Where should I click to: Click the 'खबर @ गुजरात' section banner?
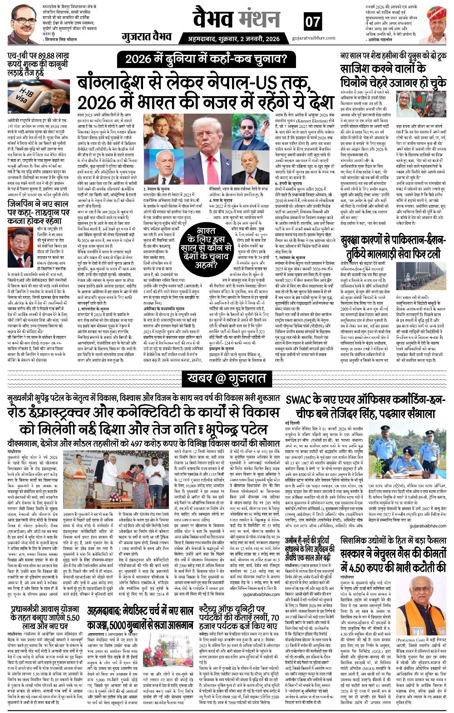pos(227,377)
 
